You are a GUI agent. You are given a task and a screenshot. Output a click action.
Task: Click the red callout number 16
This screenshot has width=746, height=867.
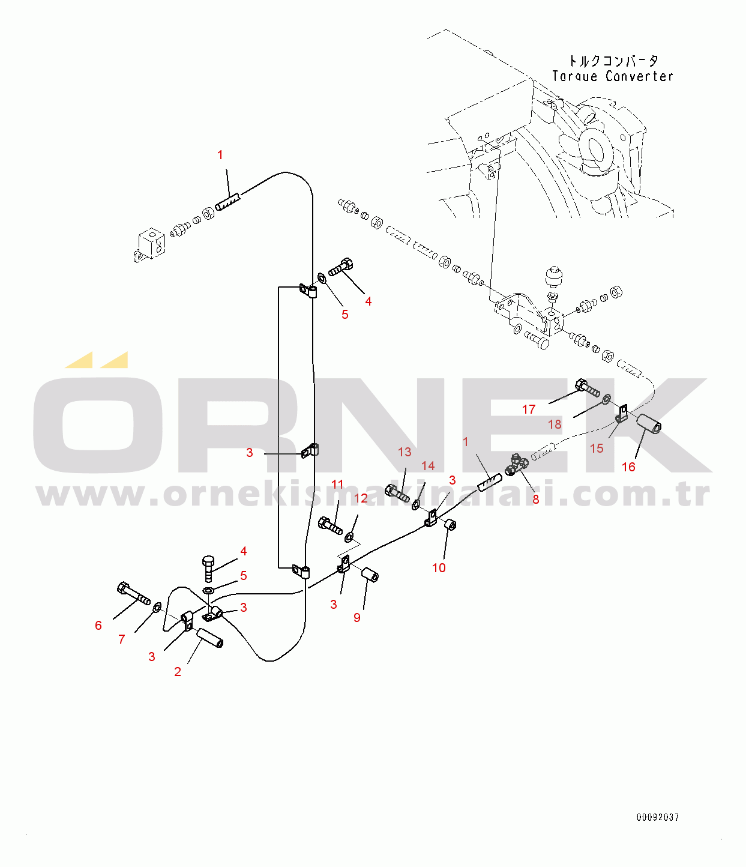tap(628, 467)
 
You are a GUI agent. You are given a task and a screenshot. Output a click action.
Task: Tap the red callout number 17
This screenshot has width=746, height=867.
tap(529, 409)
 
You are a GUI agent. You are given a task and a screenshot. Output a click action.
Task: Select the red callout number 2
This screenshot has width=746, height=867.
tap(178, 672)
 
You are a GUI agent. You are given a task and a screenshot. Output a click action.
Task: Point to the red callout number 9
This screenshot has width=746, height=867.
tap(357, 618)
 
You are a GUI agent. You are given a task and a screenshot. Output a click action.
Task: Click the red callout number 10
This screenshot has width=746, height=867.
tap(439, 568)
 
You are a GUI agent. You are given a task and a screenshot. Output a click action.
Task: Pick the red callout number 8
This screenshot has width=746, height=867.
tap(536, 499)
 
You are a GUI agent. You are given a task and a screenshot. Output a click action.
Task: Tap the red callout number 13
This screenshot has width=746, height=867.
tap(405, 452)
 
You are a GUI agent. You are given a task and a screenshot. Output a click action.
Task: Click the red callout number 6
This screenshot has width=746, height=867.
tap(98, 626)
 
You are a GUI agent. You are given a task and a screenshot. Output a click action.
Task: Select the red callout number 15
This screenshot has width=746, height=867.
tap(597, 449)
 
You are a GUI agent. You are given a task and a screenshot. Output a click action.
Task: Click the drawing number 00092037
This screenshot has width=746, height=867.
tap(658, 817)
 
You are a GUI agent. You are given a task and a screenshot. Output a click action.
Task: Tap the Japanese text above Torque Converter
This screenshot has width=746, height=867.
tap(613, 61)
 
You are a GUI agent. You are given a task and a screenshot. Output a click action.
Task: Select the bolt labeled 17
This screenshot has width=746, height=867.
tap(587, 388)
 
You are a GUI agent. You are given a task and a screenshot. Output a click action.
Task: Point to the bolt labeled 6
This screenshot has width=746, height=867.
tap(133, 593)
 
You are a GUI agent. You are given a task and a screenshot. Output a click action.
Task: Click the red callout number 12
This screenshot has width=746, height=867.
tap(361, 498)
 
